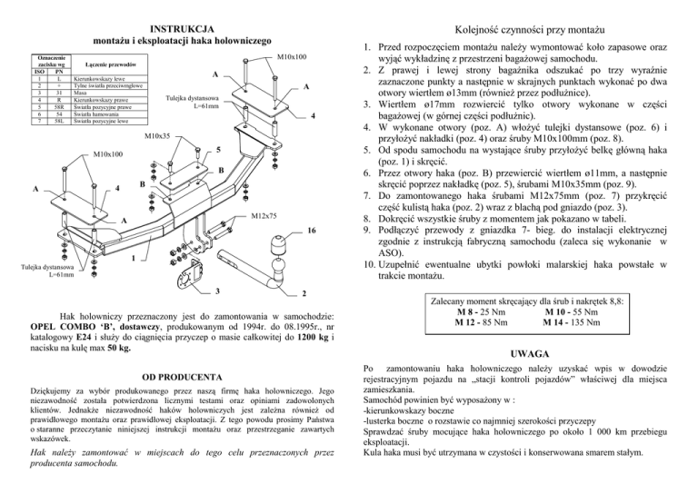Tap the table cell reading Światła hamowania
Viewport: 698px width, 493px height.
96,113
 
